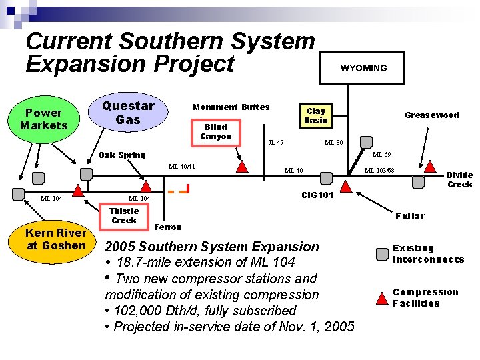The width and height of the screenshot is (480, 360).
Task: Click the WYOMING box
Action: click(363, 68)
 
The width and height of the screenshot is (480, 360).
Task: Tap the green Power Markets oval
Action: click(44, 119)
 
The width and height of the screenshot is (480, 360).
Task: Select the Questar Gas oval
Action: click(128, 112)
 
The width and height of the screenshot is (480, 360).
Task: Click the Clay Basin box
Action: click(315, 115)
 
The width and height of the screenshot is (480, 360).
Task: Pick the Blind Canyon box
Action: click(216, 132)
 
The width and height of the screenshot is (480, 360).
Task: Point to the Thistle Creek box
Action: click(124, 215)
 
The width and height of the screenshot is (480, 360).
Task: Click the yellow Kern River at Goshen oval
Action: click(56, 239)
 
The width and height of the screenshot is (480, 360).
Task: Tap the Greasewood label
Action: click(432, 115)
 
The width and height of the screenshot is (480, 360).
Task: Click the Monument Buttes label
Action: click(231, 107)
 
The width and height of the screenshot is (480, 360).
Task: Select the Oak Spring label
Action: click(121, 155)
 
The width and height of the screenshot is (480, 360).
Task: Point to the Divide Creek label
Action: click(459, 179)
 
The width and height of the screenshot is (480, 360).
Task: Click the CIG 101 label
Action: click(317, 195)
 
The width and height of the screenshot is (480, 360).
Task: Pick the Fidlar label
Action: click(409, 216)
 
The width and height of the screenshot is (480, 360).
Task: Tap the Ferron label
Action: click(168, 227)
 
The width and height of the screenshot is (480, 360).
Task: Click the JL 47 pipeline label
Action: click(275, 142)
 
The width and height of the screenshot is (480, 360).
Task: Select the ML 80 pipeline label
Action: click(333, 142)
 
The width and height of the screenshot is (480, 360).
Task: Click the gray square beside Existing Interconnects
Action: click(382, 254)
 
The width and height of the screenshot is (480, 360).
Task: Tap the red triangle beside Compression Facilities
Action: click(382, 297)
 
